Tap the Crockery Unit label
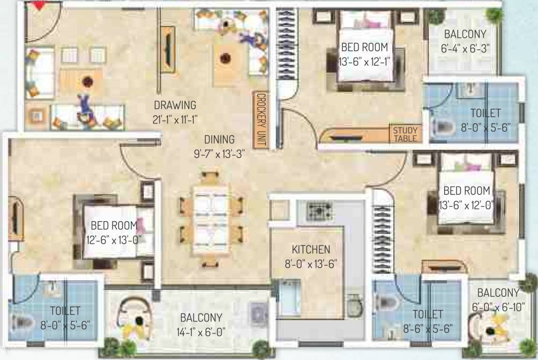point(261,120)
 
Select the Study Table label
point(405,134)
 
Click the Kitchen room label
point(311,249)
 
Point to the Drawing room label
point(175,105)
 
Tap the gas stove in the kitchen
point(320,211)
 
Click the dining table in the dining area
point(211,220)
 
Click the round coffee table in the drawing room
point(88,82)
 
